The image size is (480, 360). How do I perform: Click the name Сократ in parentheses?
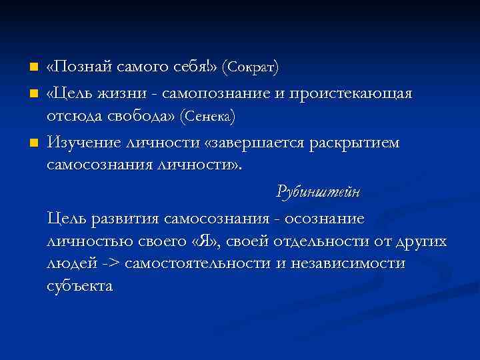251,68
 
